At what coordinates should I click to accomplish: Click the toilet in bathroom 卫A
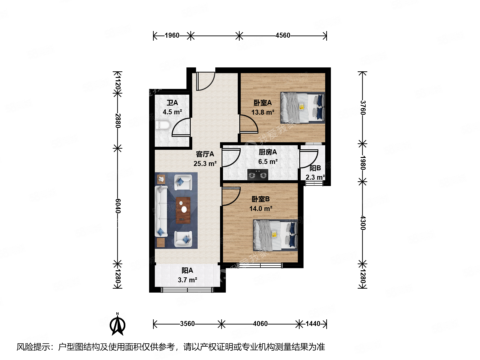(163, 125)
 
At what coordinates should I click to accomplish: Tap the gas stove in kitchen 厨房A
(258, 174)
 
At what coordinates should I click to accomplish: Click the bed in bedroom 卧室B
(275, 235)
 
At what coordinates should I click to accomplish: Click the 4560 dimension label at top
(283, 35)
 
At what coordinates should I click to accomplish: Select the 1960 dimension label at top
(172, 35)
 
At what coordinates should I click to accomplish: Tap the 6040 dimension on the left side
(118, 206)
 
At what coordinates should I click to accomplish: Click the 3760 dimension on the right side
(363, 108)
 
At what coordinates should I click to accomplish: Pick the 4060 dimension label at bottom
(260, 324)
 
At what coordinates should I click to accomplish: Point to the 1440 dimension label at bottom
(313, 324)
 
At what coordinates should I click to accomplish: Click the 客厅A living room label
(205, 154)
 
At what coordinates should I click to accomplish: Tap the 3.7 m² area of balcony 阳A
(187, 280)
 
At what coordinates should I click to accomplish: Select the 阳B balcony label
(315, 168)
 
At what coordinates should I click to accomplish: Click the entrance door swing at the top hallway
(205, 81)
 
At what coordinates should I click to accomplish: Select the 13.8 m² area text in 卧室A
(263, 112)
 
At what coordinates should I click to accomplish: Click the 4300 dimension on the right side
(363, 223)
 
